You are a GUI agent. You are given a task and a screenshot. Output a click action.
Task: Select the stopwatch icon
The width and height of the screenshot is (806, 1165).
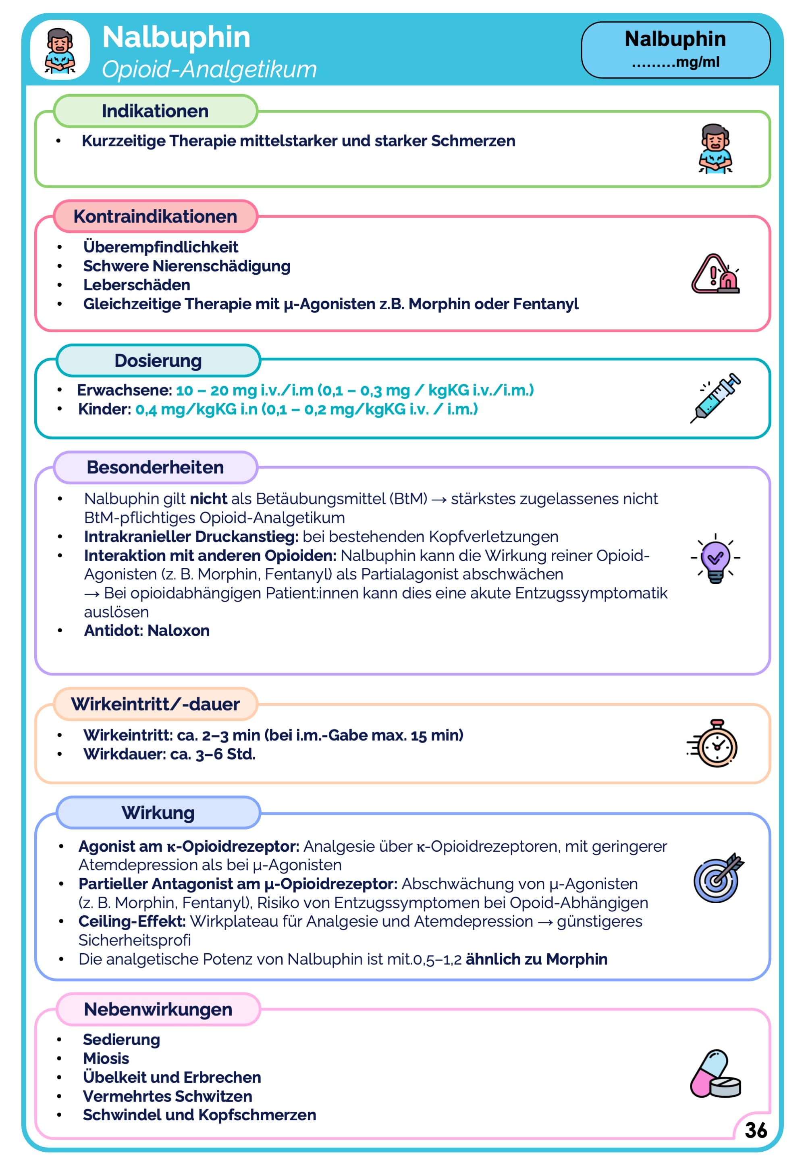tap(714, 744)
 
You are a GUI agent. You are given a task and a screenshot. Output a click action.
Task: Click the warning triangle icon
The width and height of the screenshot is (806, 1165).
tap(715, 274)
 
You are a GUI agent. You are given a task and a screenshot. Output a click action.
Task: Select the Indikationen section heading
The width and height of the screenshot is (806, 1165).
tap(155, 111)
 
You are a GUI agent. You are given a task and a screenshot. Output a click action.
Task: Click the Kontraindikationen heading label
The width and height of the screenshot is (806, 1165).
tap(155, 216)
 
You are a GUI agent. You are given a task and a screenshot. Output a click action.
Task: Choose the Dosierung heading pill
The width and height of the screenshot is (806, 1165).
tap(158, 361)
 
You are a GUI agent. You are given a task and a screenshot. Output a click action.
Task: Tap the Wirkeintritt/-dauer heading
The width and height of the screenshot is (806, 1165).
tap(155, 704)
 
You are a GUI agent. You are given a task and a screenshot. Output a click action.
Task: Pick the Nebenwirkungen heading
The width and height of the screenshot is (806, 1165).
tap(158, 1009)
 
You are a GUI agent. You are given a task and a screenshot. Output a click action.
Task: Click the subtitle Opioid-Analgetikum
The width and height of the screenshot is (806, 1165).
tap(209, 69)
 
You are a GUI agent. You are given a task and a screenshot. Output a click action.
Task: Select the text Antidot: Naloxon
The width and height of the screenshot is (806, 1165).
tap(146, 631)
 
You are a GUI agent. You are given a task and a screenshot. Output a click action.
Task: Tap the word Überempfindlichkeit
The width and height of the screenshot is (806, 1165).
tap(160, 247)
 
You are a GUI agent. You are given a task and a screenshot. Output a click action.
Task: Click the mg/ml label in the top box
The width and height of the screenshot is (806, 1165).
tap(697, 63)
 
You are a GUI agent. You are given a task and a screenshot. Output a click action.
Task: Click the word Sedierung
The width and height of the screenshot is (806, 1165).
tap(121, 1040)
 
